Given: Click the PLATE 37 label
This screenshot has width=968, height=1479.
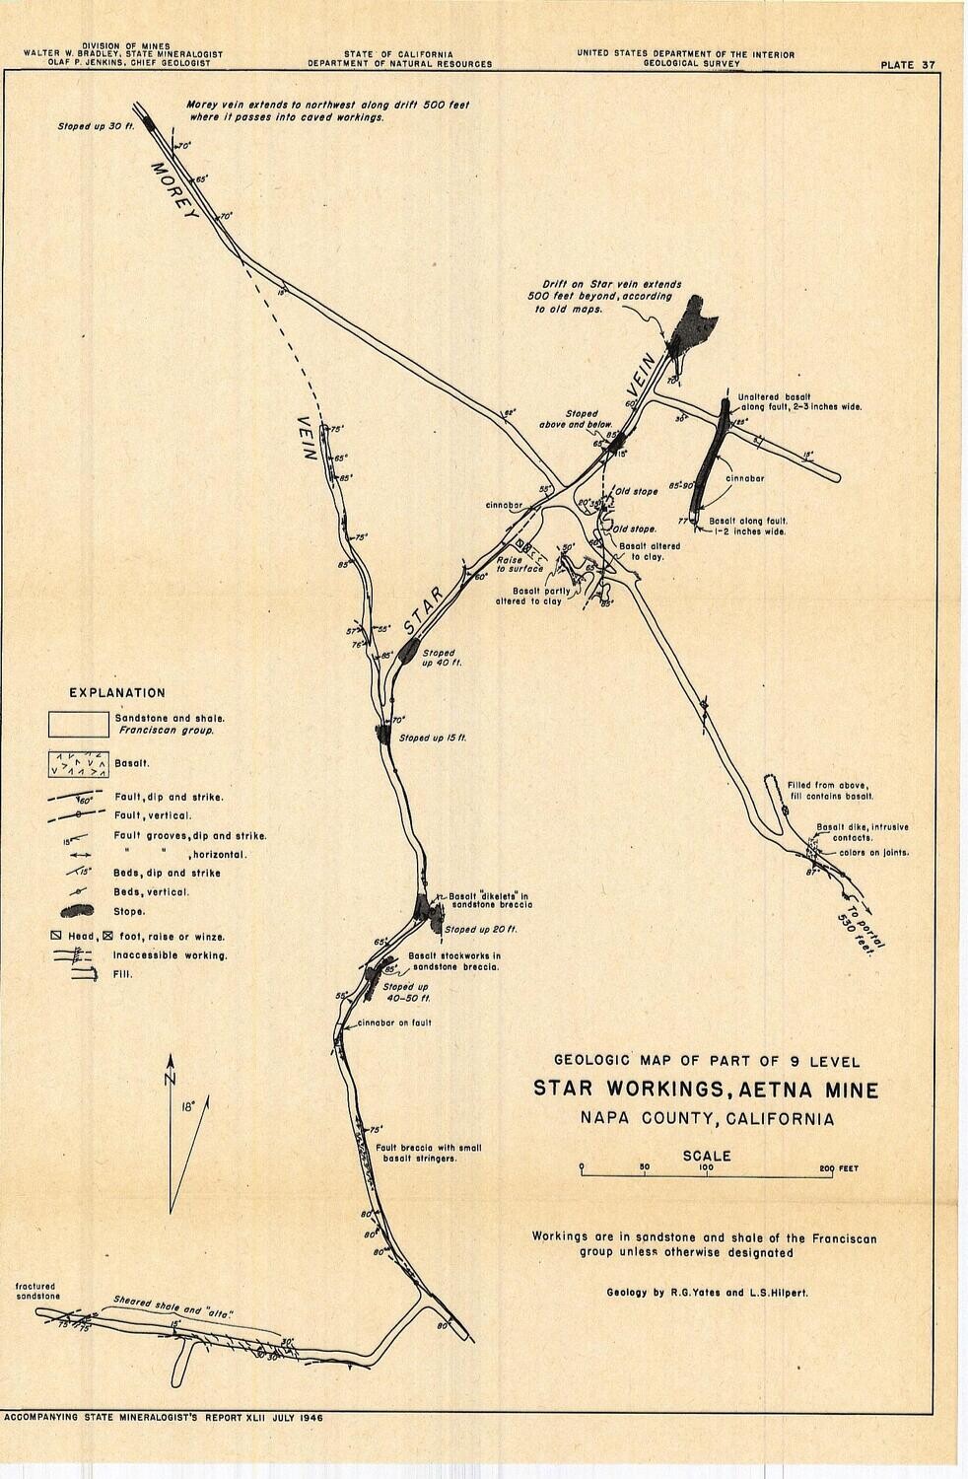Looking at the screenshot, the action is (908, 65).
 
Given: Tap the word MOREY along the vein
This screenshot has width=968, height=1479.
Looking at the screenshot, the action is (174, 190).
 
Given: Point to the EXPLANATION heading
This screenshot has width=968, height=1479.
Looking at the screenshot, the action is (116, 693).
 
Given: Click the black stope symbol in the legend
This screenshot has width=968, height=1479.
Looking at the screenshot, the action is (78, 912).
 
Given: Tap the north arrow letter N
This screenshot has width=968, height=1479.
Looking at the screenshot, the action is (171, 1079).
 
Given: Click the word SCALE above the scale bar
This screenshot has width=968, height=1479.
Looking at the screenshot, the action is (707, 1156).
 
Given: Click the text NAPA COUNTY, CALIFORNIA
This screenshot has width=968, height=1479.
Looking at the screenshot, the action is (706, 1119).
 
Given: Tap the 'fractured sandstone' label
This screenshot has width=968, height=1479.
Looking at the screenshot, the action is (38, 1292).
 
